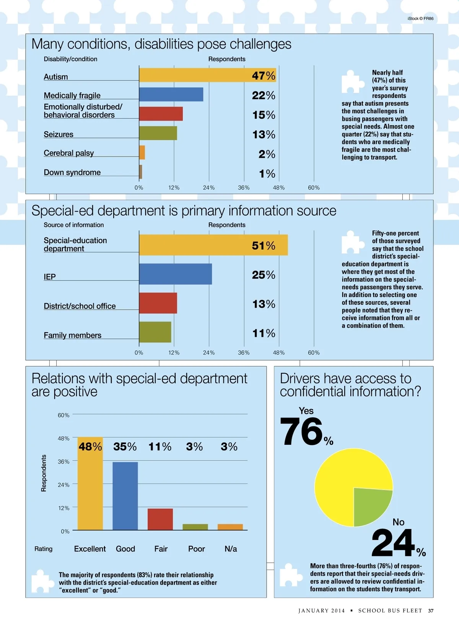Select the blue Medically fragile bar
click(171, 95)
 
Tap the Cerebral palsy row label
click(69, 153)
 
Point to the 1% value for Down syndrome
click(267, 174)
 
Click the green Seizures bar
click(158, 133)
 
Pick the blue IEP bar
click(175, 274)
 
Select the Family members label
click(73, 335)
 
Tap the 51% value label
click(264, 246)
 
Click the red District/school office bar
click(158, 303)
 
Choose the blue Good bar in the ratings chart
click(125, 496)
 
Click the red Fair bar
click(160, 519)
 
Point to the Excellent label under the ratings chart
click(90, 549)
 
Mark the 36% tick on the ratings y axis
click(63, 462)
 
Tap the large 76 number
click(301, 432)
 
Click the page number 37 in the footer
click(431, 611)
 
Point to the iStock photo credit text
click(420, 18)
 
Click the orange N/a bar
click(230, 527)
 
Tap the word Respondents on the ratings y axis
click(44, 473)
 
